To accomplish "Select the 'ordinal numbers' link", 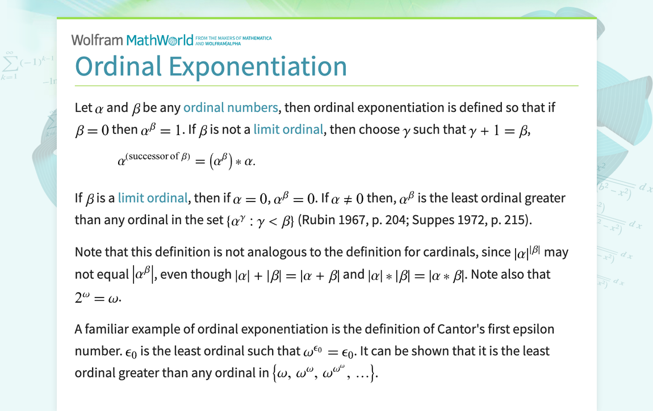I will coord(231,107).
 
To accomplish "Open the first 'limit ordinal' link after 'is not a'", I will coord(288,129).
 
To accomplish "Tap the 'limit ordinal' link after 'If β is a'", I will coord(152,198).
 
